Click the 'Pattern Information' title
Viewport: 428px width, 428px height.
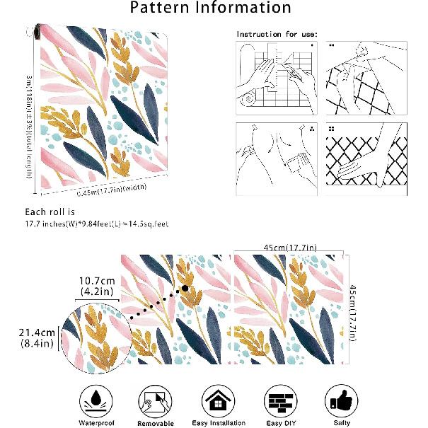[212, 8]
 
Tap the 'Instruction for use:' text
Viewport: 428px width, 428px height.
[277, 34]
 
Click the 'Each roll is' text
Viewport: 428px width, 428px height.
[50, 212]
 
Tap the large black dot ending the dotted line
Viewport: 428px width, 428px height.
[185, 288]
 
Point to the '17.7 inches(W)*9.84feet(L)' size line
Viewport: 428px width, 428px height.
[96, 224]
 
